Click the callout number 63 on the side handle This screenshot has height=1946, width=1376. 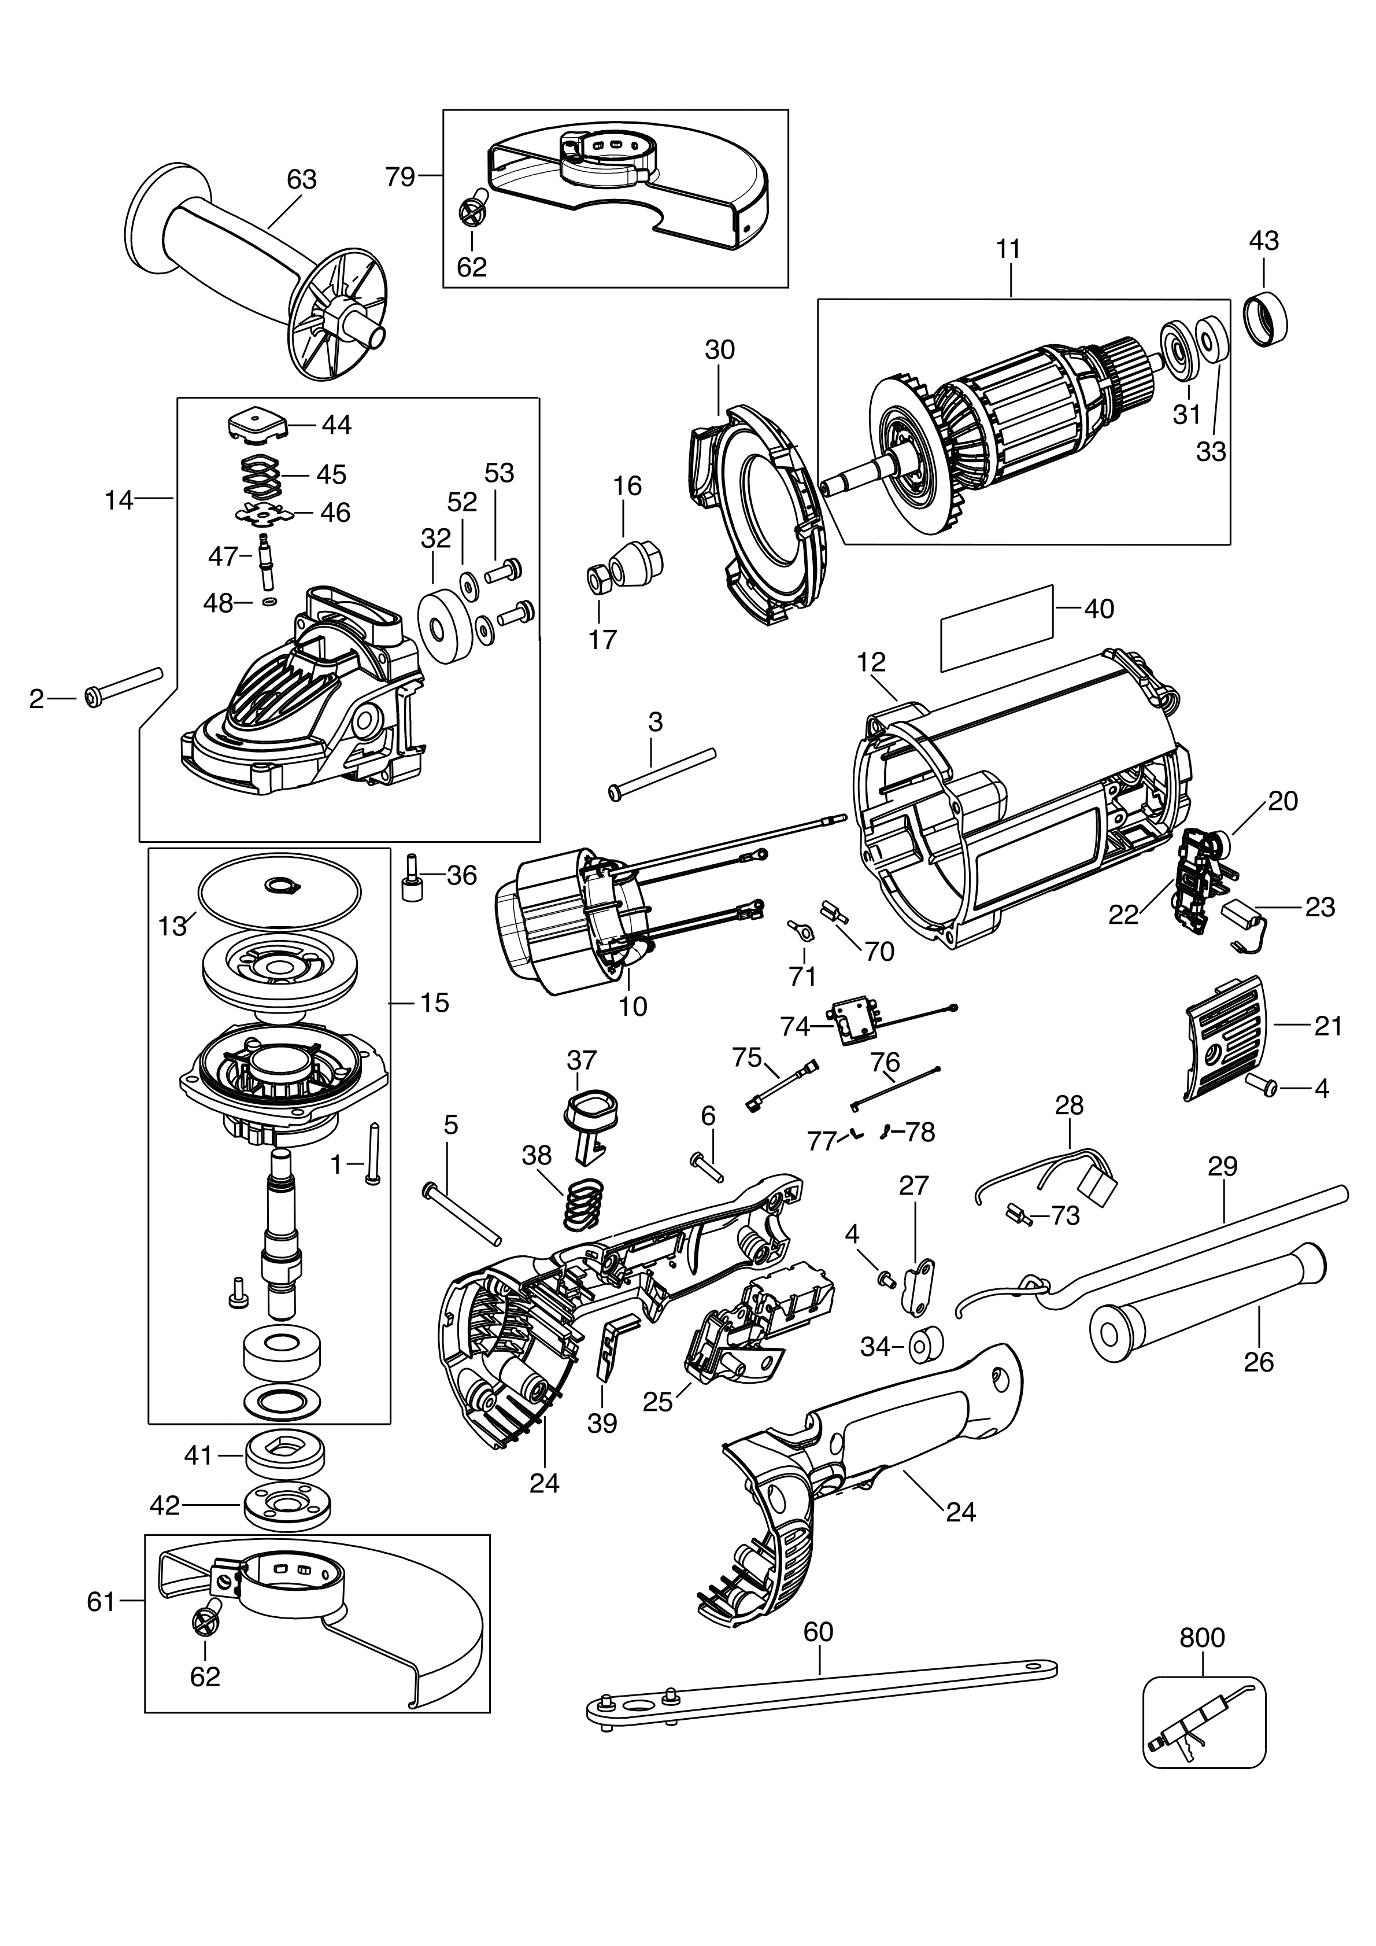point(302,180)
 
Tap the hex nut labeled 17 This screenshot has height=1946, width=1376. point(599,579)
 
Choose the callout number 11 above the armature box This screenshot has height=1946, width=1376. point(1008,249)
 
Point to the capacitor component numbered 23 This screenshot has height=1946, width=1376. point(1241,919)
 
